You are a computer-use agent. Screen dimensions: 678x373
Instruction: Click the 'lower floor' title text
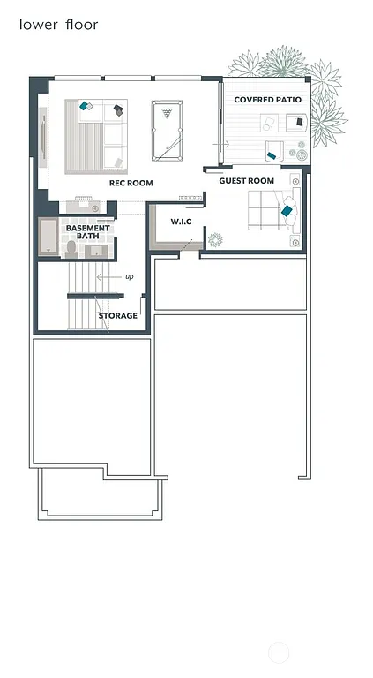point(59,25)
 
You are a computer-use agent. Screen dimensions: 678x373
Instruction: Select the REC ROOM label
point(131,184)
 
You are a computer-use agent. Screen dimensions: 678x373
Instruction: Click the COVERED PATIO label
point(267,100)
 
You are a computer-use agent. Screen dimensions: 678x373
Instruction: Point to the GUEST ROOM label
point(246,181)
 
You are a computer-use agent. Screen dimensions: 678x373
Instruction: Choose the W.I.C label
point(181,221)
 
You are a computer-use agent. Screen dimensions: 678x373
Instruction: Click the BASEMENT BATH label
point(88,232)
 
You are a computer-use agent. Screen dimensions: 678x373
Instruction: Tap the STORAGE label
point(117,315)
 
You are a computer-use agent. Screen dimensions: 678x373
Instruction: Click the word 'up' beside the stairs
point(129,276)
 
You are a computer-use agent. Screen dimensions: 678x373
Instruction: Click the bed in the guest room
point(269,212)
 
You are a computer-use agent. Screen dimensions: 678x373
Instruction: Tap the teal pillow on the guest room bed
point(287,211)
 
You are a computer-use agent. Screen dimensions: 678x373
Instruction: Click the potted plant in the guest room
point(214,238)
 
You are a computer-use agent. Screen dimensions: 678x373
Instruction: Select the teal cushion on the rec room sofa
point(86,106)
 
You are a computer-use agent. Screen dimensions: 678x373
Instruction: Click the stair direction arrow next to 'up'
point(108,277)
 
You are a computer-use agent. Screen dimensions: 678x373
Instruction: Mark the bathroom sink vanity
point(98,251)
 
